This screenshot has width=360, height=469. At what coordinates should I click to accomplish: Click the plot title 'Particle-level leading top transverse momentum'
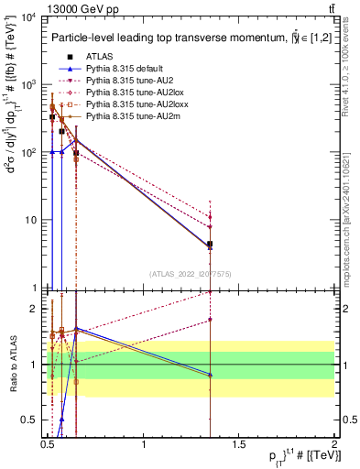(x=174, y=38)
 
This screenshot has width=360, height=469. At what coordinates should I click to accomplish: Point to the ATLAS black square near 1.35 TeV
(x=211, y=245)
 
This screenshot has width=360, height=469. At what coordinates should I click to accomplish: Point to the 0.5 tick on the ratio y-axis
(x=32, y=420)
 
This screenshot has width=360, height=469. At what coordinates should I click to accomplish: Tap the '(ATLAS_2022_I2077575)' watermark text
(x=192, y=273)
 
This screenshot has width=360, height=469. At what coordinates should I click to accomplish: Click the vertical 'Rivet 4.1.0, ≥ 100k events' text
(x=351, y=73)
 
